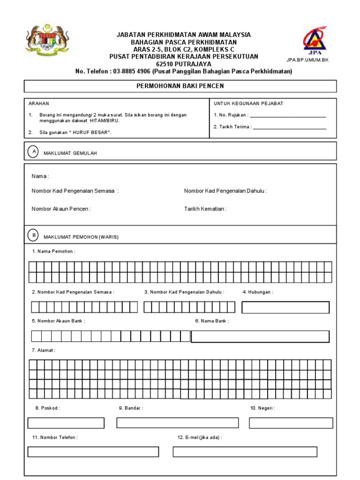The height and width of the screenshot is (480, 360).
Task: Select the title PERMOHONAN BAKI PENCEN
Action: point(180,86)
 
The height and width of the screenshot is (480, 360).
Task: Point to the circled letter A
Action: point(33,151)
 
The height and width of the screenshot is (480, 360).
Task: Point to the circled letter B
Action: point(33,235)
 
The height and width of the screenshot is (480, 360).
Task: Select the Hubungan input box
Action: point(285,307)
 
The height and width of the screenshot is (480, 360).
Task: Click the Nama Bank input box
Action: point(260,337)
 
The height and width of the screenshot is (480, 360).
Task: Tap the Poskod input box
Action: point(66,423)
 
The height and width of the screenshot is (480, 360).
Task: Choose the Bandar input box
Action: point(177,423)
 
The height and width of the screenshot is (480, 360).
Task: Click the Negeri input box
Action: point(291,423)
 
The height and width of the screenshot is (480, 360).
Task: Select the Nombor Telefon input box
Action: point(93,452)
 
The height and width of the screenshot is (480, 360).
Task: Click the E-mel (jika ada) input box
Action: point(245,452)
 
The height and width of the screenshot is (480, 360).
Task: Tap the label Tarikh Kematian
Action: point(205,209)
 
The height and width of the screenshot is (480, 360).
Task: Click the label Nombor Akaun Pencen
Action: point(61,209)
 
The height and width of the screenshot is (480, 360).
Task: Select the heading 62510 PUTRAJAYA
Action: point(183,64)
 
